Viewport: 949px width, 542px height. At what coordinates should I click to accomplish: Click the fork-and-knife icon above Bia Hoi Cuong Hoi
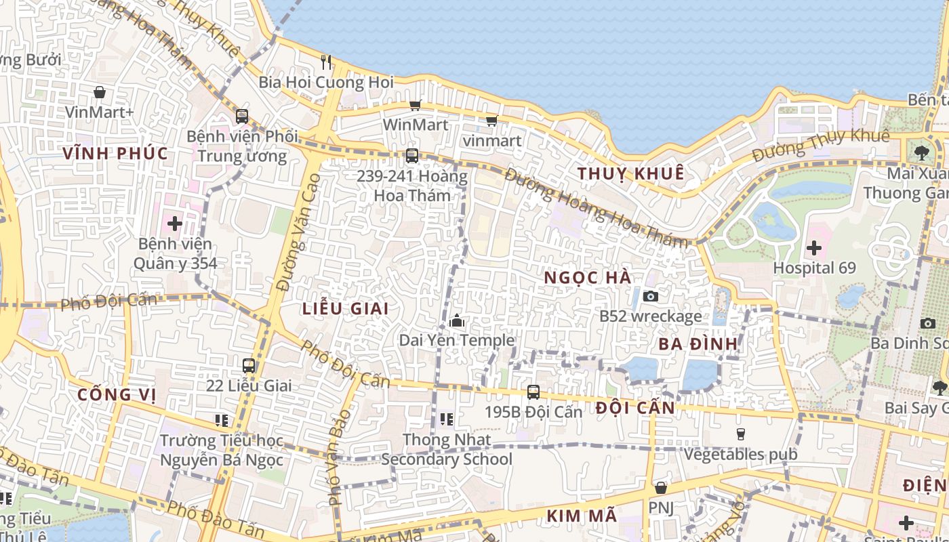pyautogui.click(x=326, y=62)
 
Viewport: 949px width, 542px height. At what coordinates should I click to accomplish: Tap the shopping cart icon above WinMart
pyautogui.click(x=416, y=105)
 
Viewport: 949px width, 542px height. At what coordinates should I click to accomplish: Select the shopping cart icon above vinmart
pyautogui.click(x=491, y=121)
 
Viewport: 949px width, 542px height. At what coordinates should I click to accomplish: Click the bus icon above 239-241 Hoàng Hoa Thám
pyautogui.click(x=411, y=156)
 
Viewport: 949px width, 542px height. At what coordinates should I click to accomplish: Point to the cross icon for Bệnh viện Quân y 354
pyautogui.click(x=175, y=223)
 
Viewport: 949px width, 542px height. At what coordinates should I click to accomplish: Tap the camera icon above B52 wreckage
pyautogui.click(x=650, y=296)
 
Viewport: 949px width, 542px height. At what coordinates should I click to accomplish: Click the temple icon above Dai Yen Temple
pyautogui.click(x=457, y=320)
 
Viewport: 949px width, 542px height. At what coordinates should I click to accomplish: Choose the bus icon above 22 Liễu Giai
pyautogui.click(x=249, y=366)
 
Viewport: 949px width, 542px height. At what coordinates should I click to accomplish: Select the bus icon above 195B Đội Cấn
pyautogui.click(x=533, y=392)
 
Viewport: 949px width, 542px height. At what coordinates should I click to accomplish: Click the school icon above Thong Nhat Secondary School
pyautogui.click(x=446, y=419)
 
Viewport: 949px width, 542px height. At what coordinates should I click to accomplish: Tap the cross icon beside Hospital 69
pyautogui.click(x=814, y=248)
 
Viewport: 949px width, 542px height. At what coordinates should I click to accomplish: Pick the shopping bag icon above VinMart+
pyautogui.click(x=100, y=92)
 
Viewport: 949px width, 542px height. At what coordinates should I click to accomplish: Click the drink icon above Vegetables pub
pyautogui.click(x=741, y=434)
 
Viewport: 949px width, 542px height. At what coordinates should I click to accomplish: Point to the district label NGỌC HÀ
pyautogui.click(x=588, y=277)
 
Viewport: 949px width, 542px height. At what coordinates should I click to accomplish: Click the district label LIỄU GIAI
pyautogui.click(x=346, y=308)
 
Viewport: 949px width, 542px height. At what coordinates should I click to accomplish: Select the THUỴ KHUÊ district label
pyautogui.click(x=630, y=173)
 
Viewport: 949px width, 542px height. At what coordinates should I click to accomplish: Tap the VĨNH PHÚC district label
pyautogui.click(x=115, y=153)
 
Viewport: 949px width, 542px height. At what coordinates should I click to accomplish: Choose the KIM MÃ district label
pyautogui.click(x=582, y=516)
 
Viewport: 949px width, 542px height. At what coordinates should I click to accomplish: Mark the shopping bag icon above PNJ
pyautogui.click(x=661, y=488)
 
